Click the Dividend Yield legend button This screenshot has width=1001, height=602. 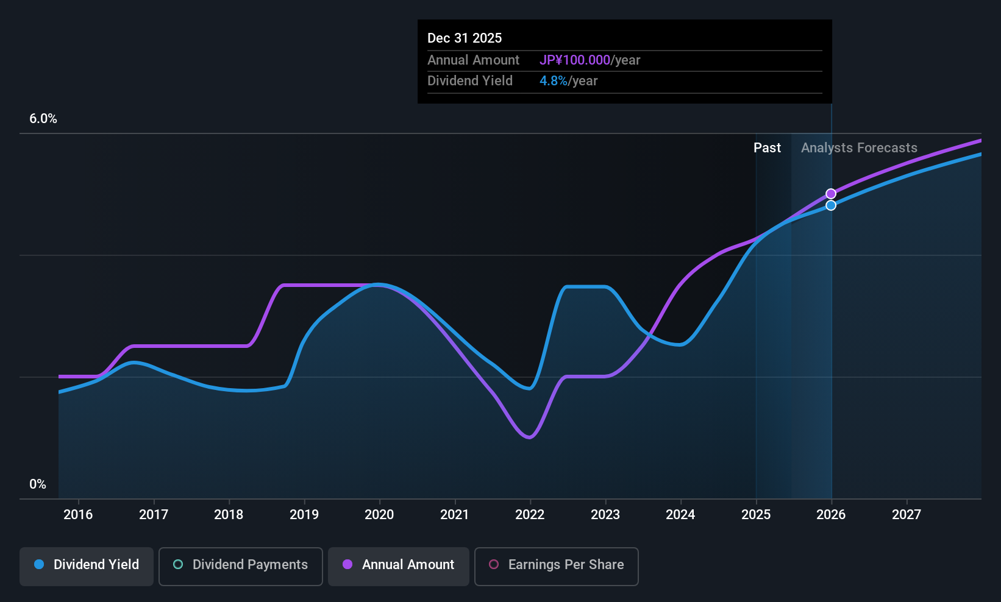[x=86, y=566]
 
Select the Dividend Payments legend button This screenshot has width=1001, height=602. [x=240, y=566]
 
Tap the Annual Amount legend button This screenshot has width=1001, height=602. [x=399, y=566]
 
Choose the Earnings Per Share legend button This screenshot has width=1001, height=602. [x=557, y=566]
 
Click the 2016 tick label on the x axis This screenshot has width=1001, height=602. [x=78, y=514]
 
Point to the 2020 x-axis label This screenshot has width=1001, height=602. [x=379, y=514]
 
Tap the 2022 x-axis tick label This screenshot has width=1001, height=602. [x=530, y=514]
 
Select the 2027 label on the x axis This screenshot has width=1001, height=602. [x=907, y=514]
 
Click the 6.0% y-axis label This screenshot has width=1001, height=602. [x=43, y=119]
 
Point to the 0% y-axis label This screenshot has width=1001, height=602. [x=38, y=484]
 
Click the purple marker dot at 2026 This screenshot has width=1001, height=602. [x=831, y=194]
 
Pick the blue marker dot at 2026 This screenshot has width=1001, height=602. [x=831, y=205]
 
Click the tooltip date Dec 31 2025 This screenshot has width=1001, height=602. [x=465, y=38]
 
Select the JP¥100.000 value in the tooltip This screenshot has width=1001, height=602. [x=575, y=60]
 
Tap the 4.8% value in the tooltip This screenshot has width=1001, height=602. [x=553, y=81]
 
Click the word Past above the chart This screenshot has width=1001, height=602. [x=768, y=148]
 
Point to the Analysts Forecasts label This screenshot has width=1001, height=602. [x=859, y=148]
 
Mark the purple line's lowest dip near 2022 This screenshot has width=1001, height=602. [x=530, y=437]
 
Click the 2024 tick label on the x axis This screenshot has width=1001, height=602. [x=680, y=514]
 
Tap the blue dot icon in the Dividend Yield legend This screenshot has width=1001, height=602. [x=40, y=564]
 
